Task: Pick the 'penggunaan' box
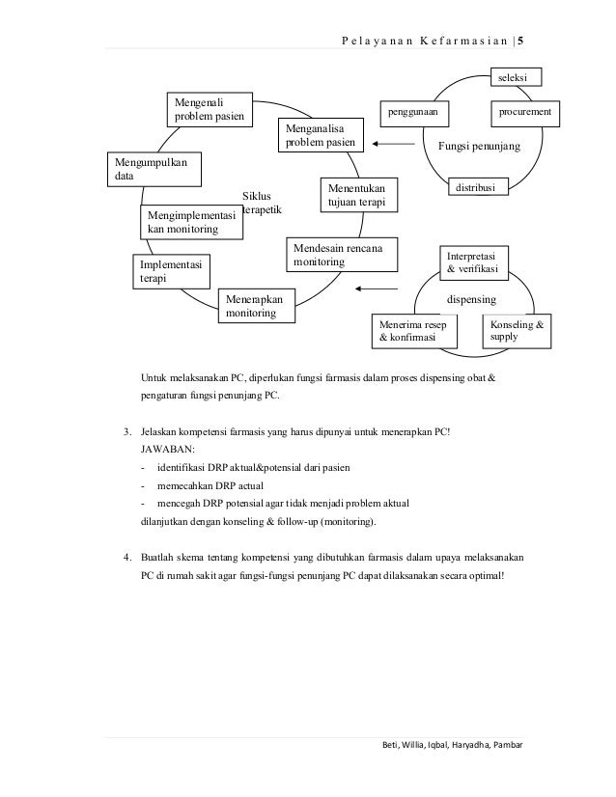pyautogui.click(x=413, y=113)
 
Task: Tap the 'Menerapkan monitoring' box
pyautogui.click(x=256, y=307)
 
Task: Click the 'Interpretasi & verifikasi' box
pyautogui.click(x=473, y=261)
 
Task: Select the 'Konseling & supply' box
pyautogui.click(x=517, y=331)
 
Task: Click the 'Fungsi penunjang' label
pyautogui.click(x=479, y=146)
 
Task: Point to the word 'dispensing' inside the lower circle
pyautogui.click(x=469, y=299)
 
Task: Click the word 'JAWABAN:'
pyautogui.click(x=166, y=449)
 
